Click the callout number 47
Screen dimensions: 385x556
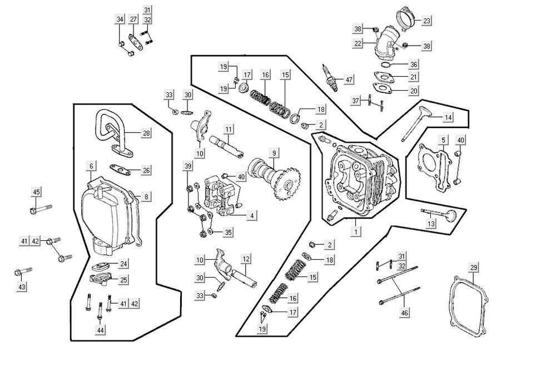pyautogui.click(x=349, y=80)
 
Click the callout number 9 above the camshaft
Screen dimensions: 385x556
pyautogui.click(x=274, y=152)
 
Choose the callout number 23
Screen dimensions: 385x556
pyautogui.click(x=426, y=21)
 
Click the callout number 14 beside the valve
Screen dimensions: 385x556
pyautogui.click(x=448, y=117)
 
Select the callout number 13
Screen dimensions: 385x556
pyautogui.click(x=431, y=223)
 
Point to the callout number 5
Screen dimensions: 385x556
pyautogui.click(x=444, y=140)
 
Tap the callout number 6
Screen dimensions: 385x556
pyautogui.click(x=91, y=166)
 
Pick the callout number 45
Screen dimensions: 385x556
pyautogui.click(x=36, y=192)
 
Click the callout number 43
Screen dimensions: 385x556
pyautogui.click(x=22, y=287)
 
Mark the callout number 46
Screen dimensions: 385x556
pyautogui.click(x=404, y=313)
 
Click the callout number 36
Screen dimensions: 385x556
pyautogui.click(x=413, y=65)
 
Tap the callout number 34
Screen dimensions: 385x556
pyautogui.click(x=120, y=20)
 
